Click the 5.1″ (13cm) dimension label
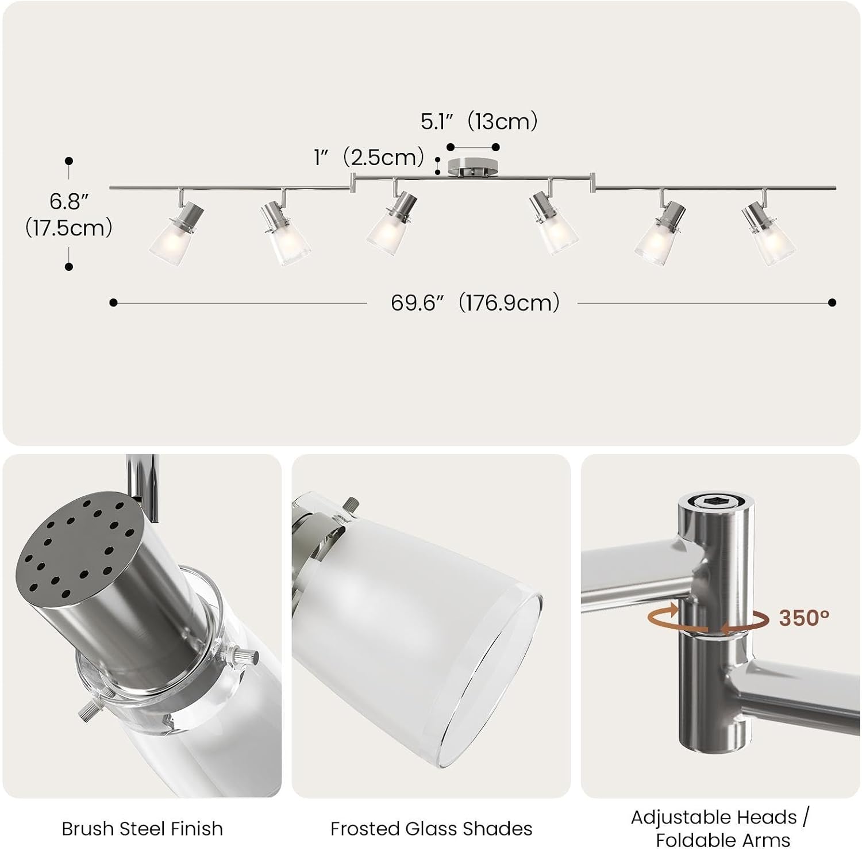479,122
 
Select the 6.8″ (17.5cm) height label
69,215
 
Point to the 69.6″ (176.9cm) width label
475,303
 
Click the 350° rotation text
804,618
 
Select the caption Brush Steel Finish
142,829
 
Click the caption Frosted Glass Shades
431,829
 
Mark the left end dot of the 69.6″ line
113,303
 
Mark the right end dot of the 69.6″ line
832,303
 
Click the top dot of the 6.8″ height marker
69,161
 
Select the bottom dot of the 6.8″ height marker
69,267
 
